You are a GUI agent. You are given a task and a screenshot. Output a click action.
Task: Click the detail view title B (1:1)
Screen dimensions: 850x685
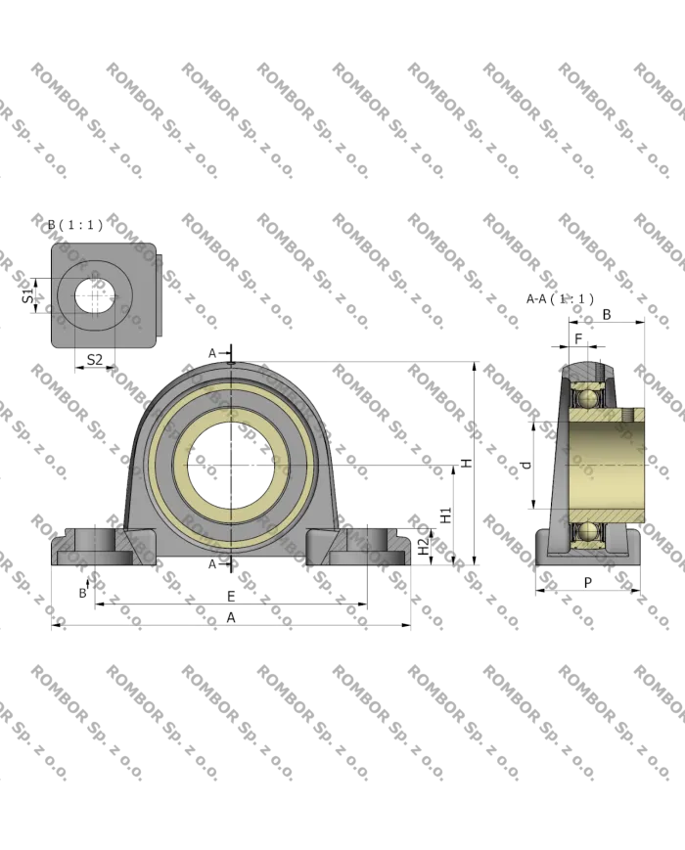(74, 226)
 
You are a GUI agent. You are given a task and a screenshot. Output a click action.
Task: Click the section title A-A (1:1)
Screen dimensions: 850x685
(560, 298)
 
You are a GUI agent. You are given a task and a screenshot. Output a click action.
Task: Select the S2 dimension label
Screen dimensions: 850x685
(93, 360)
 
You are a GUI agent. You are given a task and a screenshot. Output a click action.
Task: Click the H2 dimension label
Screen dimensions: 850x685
(422, 546)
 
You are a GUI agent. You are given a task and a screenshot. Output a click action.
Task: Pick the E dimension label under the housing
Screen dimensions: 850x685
(231, 595)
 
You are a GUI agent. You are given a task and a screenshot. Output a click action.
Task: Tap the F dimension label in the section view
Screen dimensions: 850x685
(579, 338)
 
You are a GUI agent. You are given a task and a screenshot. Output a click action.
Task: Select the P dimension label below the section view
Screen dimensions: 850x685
(587, 583)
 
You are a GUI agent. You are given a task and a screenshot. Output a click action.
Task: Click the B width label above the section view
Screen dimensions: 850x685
(607, 313)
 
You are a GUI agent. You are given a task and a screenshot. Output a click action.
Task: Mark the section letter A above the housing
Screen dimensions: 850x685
(211, 351)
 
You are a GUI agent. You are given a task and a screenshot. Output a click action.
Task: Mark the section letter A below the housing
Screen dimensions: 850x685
(211, 564)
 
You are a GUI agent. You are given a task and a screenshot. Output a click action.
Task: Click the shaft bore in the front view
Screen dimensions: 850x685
(231, 467)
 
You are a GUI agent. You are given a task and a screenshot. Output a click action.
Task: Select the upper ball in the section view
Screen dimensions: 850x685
(586, 397)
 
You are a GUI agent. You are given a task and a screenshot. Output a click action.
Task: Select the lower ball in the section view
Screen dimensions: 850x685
(586, 530)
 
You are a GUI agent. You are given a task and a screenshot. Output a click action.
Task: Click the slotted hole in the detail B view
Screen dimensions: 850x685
(94, 295)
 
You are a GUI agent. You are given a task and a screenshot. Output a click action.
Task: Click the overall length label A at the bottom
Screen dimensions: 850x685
(231, 616)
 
